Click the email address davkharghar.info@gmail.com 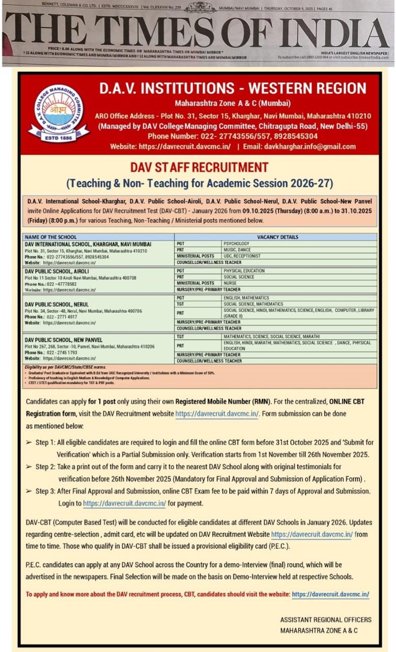(310, 146)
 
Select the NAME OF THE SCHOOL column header (51, 237)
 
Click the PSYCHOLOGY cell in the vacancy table (237, 244)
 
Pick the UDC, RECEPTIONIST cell (242, 256)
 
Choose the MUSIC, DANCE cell (238, 250)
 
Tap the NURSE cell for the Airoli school (230, 283)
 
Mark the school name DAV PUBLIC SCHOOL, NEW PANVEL (64, 340)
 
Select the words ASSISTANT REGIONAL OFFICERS (326, 620)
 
